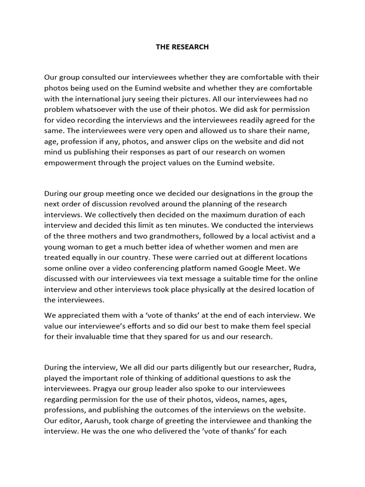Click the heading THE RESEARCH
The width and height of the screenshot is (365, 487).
[182, 47]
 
